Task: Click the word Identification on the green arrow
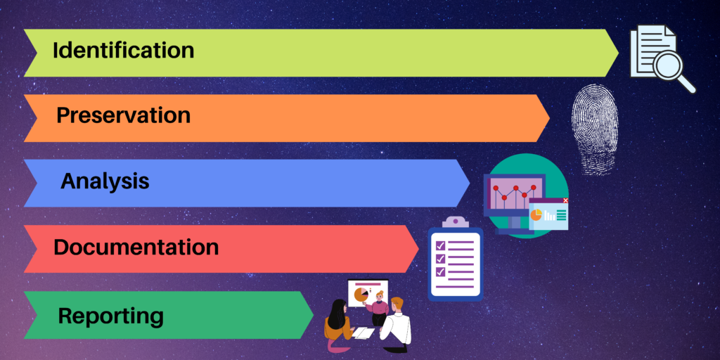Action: [x=124, y=50]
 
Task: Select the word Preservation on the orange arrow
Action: [x=123, y=115]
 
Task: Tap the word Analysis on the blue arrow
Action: [x=105, y=182]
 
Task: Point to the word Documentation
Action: [x=136, y=247]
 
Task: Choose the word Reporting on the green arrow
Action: [x=110, y=316]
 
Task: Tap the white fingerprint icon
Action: [x=595, y=129]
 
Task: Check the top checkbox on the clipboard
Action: [x=440, y=245]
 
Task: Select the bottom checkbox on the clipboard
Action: [x=440, y=272]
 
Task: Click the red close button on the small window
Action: [x=565, y=200]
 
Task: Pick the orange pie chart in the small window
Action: [x=536, y=214]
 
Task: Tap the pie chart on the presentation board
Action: [x=361, y=295]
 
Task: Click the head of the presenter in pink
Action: [x=379, y=295]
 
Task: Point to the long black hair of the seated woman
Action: [x=337, y=314]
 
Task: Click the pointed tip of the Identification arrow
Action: [x=619, y=53]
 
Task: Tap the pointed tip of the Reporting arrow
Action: [x=313, y=315]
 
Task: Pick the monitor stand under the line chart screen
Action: [x=514, y=225]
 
